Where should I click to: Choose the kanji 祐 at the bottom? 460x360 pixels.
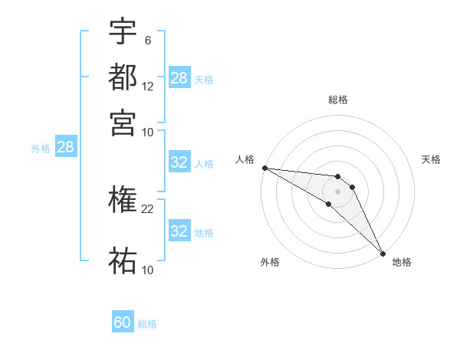click(x=123, y=261)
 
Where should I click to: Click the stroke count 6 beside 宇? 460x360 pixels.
click(x=147, y=39)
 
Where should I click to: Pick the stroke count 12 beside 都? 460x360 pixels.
click(x=148, y=86)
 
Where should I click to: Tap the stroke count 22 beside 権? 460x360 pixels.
click(x=148, y=208)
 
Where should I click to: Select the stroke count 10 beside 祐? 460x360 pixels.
click(x=148, y=270)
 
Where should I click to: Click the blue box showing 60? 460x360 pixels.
click(x=123, y=322)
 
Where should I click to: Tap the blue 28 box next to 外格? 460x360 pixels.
click(x=66, y=148)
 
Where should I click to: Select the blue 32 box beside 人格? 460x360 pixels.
click(x=179, y=162)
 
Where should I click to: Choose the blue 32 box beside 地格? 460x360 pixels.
click(x=179, y=231)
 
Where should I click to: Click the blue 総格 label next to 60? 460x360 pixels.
click(x=147, y=324)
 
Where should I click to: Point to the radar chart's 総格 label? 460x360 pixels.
click(x=337, y=100)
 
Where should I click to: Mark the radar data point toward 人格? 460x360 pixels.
click(x=264, y=168)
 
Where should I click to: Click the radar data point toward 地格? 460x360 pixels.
click(x=383, y=254)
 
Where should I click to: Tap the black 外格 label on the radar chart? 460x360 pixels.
click(x=270, y=263)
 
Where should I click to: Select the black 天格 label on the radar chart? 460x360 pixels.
click(x=431, y=159)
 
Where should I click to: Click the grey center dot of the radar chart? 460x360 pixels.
click(x=337, y=191)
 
